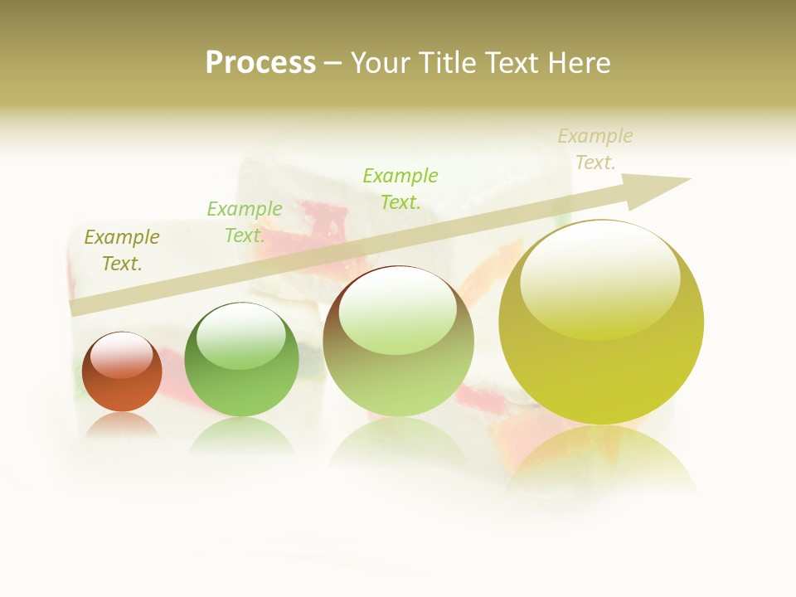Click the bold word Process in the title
[260, 63]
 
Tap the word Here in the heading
[577, 63]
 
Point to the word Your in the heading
[378, 63]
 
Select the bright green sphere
[241, 359]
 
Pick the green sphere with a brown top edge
[398, 341]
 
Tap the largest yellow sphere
[601, 322]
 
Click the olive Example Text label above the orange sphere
[122, 250]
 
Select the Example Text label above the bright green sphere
[245, 222]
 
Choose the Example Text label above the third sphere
[400, 188]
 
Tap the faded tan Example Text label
[595, 149]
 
